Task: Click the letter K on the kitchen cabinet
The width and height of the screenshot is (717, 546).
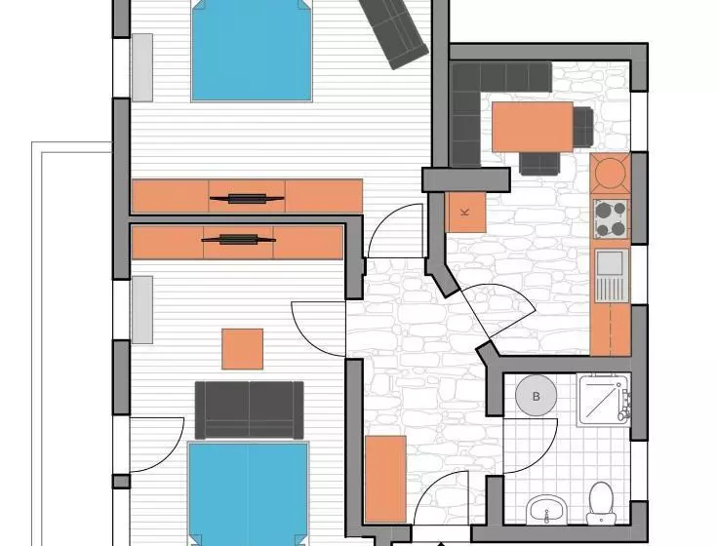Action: pyautogui.click(x=465, y=212)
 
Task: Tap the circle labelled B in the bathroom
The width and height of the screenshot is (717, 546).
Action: pyautogui.click(x=536, y=396)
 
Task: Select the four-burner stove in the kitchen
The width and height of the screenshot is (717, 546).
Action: pyautogui.click(x=612, y=218)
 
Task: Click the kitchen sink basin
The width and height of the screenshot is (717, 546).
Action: pyautogui.click(x=611, y=262)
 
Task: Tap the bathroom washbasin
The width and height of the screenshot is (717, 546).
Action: pyautogui.click(x=546, y=510)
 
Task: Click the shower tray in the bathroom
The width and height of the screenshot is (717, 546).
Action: pyautogui.click(x=604, y=400)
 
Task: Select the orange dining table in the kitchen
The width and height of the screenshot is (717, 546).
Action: pyautogui.click(x=533, y=127)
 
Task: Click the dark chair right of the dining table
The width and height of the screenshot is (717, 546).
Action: pyautogui.click(x=583, y=127)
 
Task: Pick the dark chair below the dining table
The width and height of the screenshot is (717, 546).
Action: pyautogui.click(x=539, y=163)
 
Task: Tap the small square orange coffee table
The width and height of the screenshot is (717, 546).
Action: pyautogui.click(x=242, y=349)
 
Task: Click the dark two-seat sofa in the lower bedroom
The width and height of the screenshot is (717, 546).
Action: pyautogui.click(x=249, y=410)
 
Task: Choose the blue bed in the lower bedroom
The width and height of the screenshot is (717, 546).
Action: pyautogui.click(x=249, y=493)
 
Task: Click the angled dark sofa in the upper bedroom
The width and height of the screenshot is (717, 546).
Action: pyautogui.click(x=393, y=33)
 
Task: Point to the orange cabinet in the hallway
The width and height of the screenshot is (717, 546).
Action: pyautogui.click(x=386, y=480)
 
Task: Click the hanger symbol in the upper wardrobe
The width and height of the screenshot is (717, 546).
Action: pyautogui.click(x=247, y=198)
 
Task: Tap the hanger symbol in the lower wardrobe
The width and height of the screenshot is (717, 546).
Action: pyautogui.click(x=239, y=240)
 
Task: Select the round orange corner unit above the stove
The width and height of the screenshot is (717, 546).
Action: pyautogui.click(x=611, y=173)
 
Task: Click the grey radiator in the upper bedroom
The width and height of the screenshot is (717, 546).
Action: pyautogui.click(x=142, y=67)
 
